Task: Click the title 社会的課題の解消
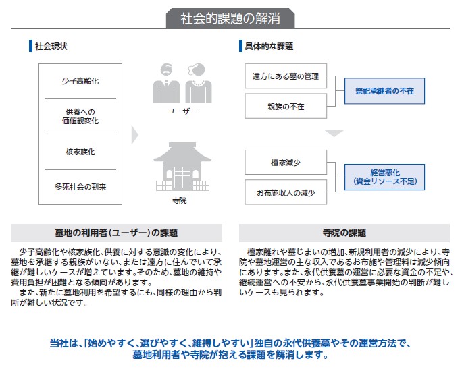tap(230, 18)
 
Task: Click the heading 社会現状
tap(51, 46)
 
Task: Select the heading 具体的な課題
tap(269, 46)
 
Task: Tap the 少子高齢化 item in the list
tap(80, 81)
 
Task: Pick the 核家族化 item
tap(80, 152)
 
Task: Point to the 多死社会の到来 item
tap(80, 187)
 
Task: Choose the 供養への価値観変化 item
tap(80, 116)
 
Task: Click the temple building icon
tap(182, 166)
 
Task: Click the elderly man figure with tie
tap(166, 83)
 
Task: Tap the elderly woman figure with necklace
tap(199, 83)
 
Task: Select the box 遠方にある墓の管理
tap(286, 76)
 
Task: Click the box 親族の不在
tap(286, 106)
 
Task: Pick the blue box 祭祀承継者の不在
tap(384, 91)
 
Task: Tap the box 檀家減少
tap(286, 163)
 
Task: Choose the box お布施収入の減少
tap(286, 192)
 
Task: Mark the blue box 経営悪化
tap(384, 177)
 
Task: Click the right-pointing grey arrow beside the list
tap(134, 135)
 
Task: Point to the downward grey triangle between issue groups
tap(334, 134)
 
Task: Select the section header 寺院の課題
tap(344, 233)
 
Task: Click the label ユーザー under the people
tap(182, 111)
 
